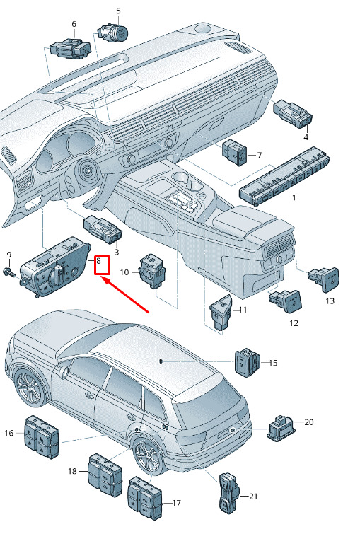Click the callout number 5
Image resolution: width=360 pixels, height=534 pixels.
click(118, 11)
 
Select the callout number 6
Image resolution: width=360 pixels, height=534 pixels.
click(74, 24)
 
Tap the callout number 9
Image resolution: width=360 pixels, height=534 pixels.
click(9, 255)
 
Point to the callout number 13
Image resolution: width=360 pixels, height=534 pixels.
click(330, 301)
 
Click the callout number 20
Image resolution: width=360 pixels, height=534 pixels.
click(309, 422)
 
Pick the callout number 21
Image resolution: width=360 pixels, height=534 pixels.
click(253, 497)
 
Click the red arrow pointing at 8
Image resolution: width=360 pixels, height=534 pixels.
click(125, 295)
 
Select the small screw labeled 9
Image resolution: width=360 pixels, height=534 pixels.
click(9, 273)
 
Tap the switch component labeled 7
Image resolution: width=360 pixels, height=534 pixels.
click(234, 152)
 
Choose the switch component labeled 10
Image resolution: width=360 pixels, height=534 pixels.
click(152, 271)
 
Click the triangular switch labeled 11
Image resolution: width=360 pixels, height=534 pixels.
click(221, 312)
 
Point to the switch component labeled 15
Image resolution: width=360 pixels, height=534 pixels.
click(247, 363)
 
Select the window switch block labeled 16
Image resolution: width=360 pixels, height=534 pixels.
click(41, 437)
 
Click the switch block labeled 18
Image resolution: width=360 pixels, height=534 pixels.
click(105, 475)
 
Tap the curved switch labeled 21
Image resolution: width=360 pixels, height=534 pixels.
click(228, 493)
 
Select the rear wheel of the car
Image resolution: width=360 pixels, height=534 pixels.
click(148, 456)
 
